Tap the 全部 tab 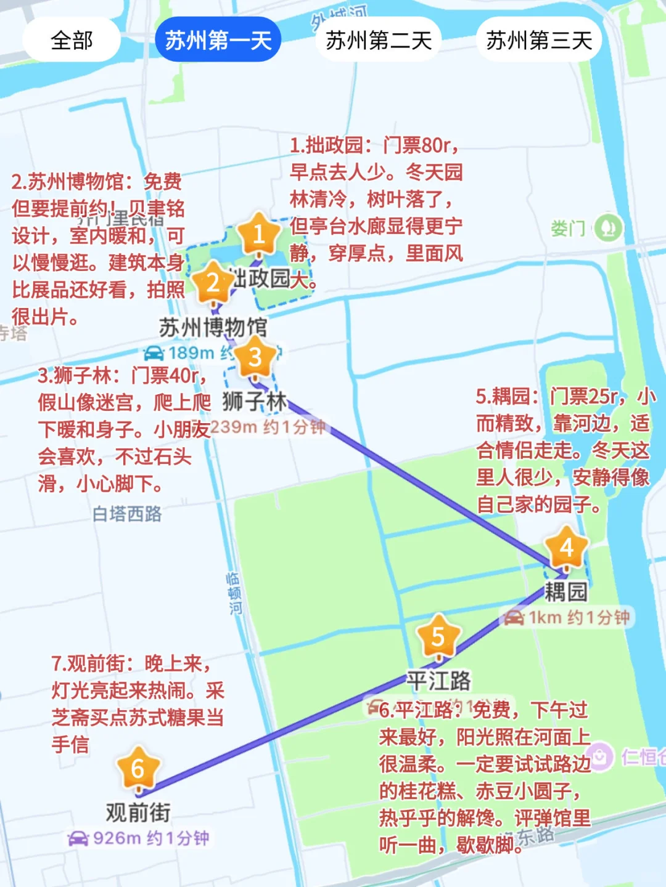click(x=72, y=41)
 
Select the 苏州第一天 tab click(x=218, y=41)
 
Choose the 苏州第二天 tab click(x=378, y=41)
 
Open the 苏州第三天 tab click(x=538, y=41)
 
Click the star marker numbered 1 click(x=259, y=233)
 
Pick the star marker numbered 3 click(x=255, y=357)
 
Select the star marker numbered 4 click(x=566, y=547)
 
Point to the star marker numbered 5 click(x=438, y=636)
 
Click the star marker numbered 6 click(x=138, y=768)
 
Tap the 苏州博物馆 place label click(x=213, y=327)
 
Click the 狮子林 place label click(x=254, y=402)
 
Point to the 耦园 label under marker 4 click(x=565, y=592)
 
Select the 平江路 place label click(x=438, y=681)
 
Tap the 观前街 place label click(x=138, y=812)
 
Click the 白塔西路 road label click(x=127, y=514)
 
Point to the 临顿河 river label click(x=234, y=593)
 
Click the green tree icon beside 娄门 click(x=607, y=228)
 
